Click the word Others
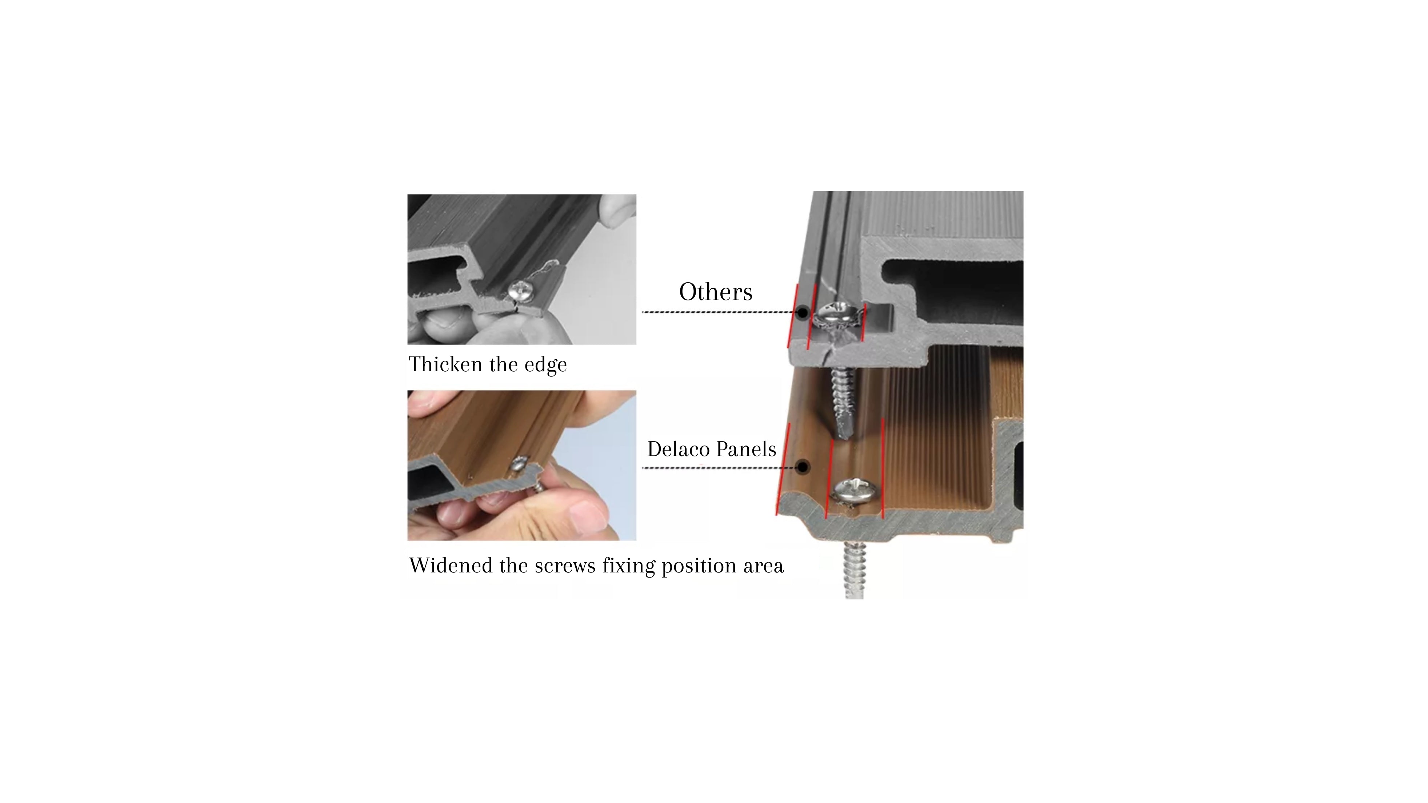(716, 292)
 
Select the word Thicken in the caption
(446, 364)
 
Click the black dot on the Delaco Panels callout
(802, 467)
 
